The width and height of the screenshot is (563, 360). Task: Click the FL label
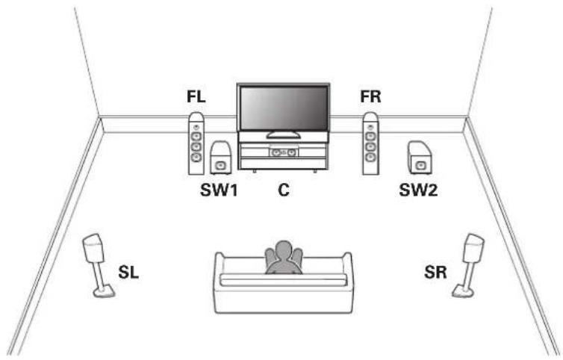coord(196,96)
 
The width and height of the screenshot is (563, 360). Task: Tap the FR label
coord(370,96)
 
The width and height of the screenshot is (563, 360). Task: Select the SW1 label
coord(219,190)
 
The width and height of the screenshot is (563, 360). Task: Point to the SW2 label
coord(418,190)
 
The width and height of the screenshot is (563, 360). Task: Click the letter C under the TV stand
coord(283,190)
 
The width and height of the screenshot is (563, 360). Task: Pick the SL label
coord(128,273)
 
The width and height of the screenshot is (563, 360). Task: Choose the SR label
coord(435,273)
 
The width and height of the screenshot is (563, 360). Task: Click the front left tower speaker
coord(196,143)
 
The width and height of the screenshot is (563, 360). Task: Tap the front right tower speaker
coord(370,143)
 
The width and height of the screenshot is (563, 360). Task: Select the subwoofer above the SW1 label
coord(220,158)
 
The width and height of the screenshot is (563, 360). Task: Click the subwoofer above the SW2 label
coord(420,158)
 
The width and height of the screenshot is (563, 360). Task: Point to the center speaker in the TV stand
coord(283,152)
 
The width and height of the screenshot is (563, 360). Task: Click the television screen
coord(283,108)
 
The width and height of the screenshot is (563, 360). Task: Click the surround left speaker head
coord(93,248)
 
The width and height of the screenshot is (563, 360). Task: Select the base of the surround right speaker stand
coord(463,291)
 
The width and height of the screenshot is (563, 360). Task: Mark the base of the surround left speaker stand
coord(104,291)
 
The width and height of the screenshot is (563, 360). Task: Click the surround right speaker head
coord(473,248)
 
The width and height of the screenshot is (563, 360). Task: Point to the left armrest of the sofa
coord(219,266)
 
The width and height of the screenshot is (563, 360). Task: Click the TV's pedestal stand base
coord(283,134)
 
